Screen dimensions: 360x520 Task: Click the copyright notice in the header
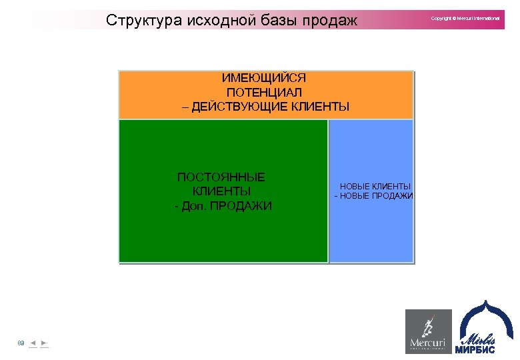pyautogui.click(x=465, y=18)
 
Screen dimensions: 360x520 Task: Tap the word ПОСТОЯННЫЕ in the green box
pyautogui.click(x=221, y=177)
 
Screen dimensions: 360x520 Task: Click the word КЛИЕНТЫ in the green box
pyautogui.click(x=221, y=191)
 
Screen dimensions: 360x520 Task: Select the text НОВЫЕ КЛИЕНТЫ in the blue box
pyautogui.click(x=375, y=187)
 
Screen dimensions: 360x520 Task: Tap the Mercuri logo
pyautogui.click(x=428, y=331)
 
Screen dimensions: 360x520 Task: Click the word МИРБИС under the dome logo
pyautogui.click(x=475, y=349)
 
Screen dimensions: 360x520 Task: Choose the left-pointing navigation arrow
pyautogui.click(x=33, y=343)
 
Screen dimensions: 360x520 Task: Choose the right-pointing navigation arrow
pyautogui.click(x=43, y=343)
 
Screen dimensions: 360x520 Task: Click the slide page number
pyautogui.click(x=21, y=343)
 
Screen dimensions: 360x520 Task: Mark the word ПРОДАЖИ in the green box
pyautogui.click(x=241, y=206)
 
